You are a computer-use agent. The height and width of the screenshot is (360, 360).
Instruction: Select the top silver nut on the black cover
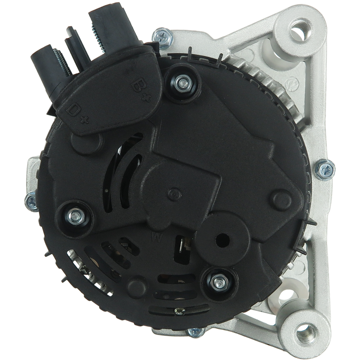[x=183, y=83]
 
